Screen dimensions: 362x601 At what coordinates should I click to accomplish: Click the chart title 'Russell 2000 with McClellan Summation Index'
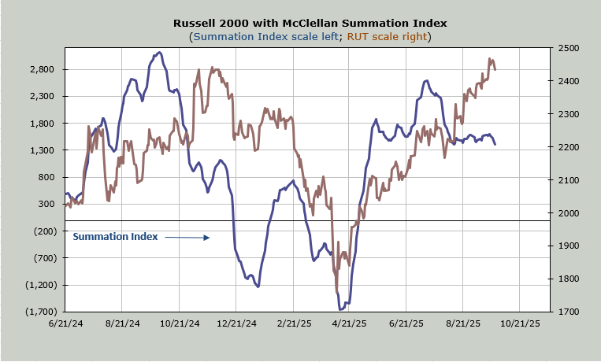click(300, 23)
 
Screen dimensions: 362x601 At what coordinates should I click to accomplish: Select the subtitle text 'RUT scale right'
click(388, 37)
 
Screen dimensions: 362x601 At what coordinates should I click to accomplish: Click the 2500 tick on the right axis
click(568, 48)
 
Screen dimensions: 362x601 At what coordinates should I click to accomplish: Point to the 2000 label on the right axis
click(568, 213)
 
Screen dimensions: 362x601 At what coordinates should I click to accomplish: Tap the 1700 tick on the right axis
click(568, 312)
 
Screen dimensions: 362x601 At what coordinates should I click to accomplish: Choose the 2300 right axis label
click(568, 114)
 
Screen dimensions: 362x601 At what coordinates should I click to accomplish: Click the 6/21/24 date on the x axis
click(65, 323)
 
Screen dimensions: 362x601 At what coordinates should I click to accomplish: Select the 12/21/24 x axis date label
click(236, 323)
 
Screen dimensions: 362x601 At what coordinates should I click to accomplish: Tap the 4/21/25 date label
click(349, 323)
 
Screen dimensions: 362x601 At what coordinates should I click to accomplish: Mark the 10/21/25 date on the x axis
click(519, 323)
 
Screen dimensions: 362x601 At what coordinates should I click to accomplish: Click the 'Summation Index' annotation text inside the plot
click(116, 236)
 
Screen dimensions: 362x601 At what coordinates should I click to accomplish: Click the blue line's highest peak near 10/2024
click(159, 53)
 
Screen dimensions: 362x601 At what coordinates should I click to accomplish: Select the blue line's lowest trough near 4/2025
click(342, 308)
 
